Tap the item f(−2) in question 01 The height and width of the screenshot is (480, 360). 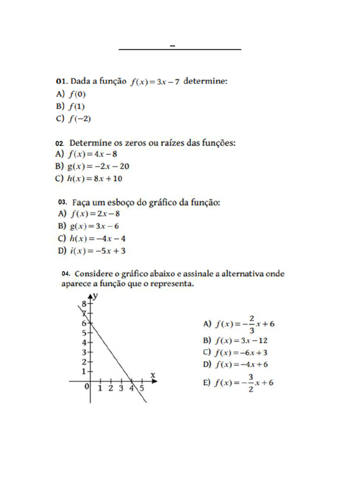(80, 119)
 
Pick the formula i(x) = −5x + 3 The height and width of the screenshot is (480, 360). (98, 251)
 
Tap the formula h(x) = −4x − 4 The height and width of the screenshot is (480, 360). (98, 238)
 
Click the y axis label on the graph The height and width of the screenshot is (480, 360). (95, 295)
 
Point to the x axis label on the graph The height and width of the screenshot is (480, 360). (152, 375)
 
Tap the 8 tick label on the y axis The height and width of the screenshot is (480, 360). (85, 304)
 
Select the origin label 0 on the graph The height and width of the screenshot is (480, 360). (87, 387)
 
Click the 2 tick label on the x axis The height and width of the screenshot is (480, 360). (110, 388)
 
